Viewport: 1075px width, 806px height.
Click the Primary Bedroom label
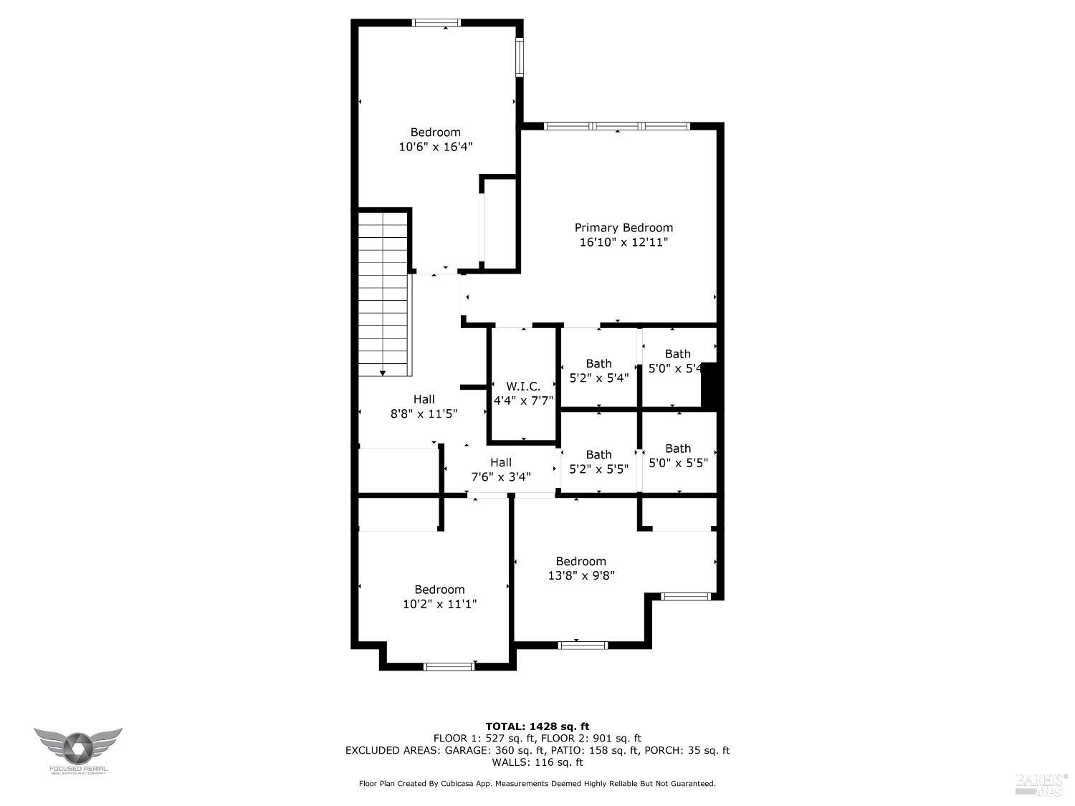click(x=623, y=228)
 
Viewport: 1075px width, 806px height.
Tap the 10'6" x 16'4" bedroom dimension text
click(x=435, y=147)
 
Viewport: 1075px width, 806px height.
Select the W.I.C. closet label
click(x=523, y=387)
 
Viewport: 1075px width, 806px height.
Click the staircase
click(x=384, y=294)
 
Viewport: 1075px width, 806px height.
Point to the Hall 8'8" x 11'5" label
click(x=424, y=406)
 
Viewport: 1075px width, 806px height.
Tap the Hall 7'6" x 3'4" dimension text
click(x=500, y=476)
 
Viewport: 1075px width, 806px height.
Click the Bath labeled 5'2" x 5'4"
click(x=598, y=370)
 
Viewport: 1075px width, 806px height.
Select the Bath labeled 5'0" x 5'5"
click(x=678, y=456)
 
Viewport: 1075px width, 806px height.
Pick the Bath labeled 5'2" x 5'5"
click(x=598, y=461)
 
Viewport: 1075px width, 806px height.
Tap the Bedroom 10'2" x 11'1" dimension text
click(x=439, y=604)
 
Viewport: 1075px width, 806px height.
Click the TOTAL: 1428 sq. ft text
click(x=537, y=726)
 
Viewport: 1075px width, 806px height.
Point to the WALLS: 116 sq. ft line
click(x=537, y=762)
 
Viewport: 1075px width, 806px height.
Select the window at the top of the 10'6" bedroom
click(x=436, y=23)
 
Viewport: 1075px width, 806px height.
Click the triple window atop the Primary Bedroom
click(x=616, y=126)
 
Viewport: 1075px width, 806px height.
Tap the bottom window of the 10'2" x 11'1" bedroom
click(x=449, y=666)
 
